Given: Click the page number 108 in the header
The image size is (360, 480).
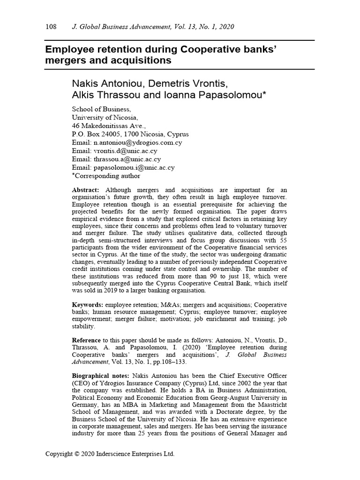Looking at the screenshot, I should [51, 27].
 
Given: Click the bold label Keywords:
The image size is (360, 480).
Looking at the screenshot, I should [88, 305].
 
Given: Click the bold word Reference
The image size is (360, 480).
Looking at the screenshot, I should [86, 340].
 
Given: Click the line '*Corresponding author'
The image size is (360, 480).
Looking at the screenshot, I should [105, 176].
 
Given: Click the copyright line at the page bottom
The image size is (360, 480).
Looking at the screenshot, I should [110, 454].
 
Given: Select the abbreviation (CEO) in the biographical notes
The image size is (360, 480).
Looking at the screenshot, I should [82, 384].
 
